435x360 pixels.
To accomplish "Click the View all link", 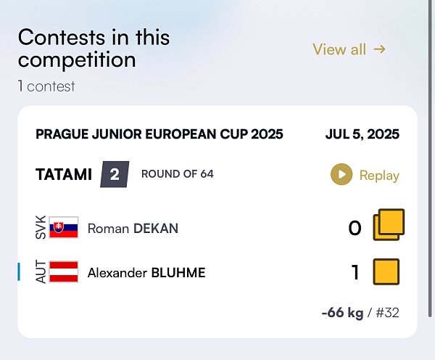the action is pos(349,49).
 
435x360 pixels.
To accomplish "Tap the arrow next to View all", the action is pos(379,49).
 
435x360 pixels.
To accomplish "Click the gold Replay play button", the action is pos(341,174).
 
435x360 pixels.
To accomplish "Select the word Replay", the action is pos(379,175).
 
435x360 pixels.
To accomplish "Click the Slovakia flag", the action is pos(64,227).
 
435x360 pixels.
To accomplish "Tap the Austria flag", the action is pos(64,271).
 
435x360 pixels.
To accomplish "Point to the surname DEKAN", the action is pos(156,229).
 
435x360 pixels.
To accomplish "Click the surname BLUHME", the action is pos(178,272).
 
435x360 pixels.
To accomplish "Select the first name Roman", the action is pos(108,229).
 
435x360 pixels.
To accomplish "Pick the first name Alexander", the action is pos(117,272).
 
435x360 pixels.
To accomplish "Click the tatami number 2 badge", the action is pos(115,174).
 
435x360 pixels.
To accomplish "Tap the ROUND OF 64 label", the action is pos(178,174).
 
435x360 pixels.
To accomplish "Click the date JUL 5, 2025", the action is pos(362,134).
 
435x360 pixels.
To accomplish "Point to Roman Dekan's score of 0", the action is pos(355,228).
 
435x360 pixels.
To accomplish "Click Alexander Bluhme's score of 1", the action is pos(355,271).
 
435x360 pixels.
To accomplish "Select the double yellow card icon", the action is pos(389,224).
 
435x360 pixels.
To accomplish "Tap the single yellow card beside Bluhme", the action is pos(386,271).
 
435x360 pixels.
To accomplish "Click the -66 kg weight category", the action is pos(342,313).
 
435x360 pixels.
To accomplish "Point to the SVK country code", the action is pos(41,227).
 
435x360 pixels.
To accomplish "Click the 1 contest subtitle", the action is pos(46,86).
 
